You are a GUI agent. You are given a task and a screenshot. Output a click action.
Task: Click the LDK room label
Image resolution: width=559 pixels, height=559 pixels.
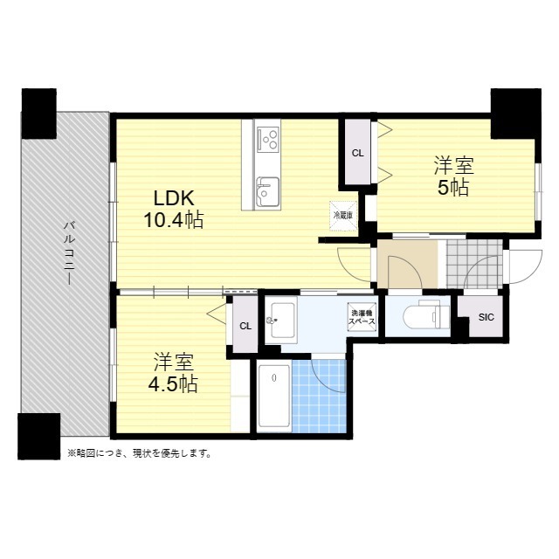click(x=174, y=198)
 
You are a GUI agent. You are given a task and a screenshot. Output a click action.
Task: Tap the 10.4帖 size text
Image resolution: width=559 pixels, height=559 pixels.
click(x=173, y=219)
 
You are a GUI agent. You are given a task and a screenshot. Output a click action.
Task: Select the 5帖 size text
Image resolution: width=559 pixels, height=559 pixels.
click(x=453, y=188)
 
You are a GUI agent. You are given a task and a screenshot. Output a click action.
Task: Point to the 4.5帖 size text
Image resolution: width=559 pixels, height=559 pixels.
click(x=173, y=384)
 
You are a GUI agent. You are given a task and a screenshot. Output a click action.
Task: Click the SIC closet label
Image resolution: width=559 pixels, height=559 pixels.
click(x=487, y=317)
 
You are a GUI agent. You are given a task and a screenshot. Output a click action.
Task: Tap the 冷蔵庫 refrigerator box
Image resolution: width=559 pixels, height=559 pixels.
click(x=343, y=216)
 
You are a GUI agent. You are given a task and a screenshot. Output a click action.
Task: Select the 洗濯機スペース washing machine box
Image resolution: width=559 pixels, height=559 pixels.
click(x=362, y=317)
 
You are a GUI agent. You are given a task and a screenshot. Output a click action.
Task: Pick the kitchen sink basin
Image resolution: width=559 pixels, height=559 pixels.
click(x=268, y=191)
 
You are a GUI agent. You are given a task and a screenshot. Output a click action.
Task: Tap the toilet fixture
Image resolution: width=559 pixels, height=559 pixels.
click(x=426, y=315)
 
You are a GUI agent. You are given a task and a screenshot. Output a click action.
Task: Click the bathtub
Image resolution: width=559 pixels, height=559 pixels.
click(x=273, y=396)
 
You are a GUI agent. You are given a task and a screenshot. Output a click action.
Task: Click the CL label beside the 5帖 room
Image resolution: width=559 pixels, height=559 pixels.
click(x=357, y=154)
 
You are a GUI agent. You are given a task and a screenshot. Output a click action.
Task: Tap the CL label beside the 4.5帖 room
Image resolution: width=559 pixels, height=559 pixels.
click(x=245, y=326)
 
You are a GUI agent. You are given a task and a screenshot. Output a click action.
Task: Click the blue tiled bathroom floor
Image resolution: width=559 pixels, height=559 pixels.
click(x=319, y=396)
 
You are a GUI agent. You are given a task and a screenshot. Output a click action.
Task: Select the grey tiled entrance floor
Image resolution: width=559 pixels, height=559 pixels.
click(x=474, y=264)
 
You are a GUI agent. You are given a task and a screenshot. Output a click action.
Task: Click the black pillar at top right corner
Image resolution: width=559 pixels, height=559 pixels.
click(x=516, y=114)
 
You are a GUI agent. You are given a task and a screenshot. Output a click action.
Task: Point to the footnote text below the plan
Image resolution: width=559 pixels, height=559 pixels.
click(x=140, y=453)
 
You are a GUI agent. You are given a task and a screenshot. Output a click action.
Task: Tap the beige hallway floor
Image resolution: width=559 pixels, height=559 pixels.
click(x=408, y=264)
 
